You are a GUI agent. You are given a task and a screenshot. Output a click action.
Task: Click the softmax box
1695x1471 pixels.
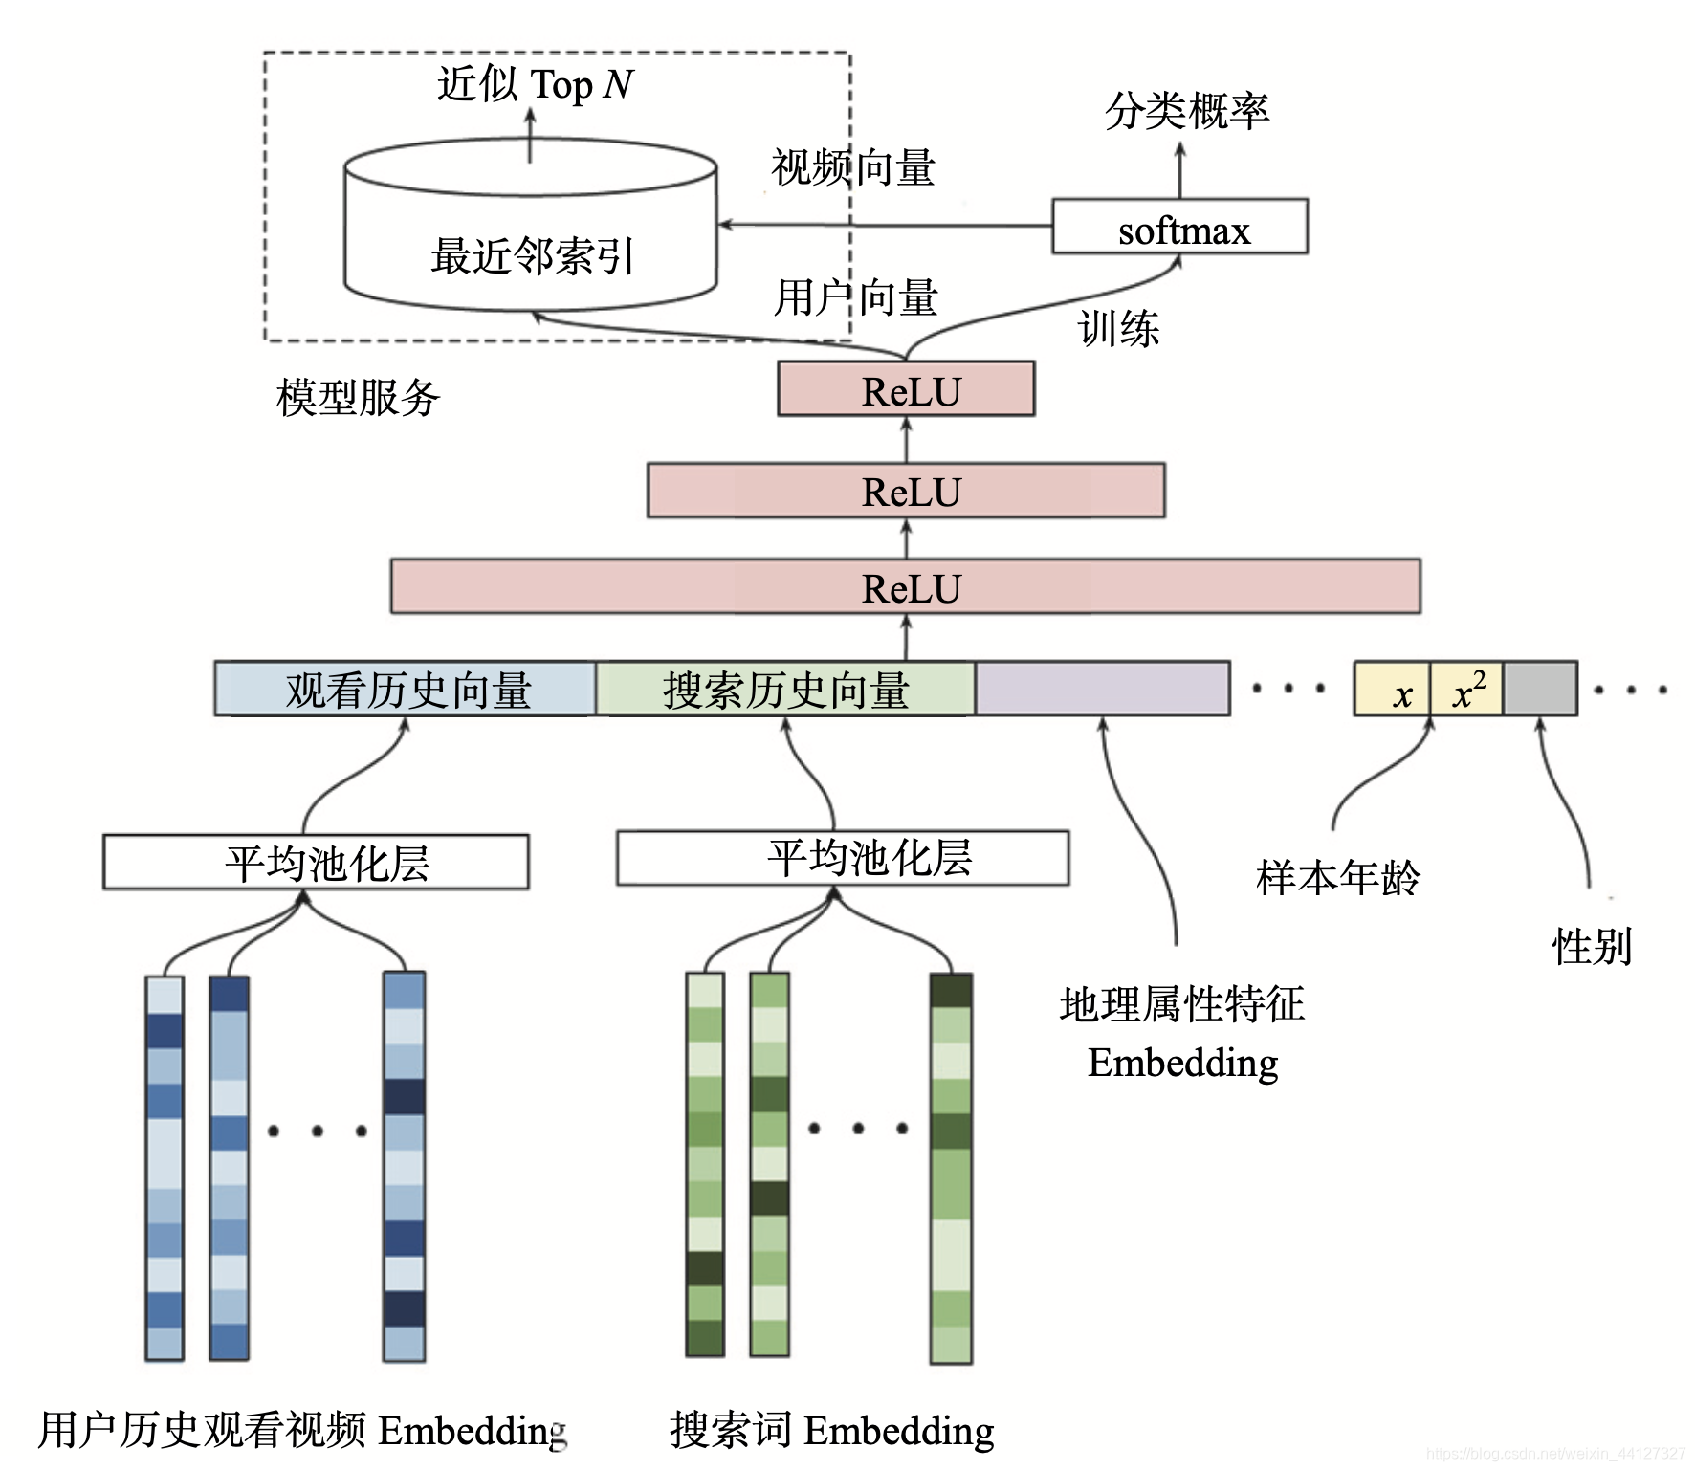[1179, 227]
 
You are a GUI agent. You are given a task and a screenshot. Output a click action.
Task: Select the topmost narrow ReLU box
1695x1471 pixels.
[906, 389]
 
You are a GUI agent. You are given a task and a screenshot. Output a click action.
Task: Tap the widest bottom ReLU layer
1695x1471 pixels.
[905, 587]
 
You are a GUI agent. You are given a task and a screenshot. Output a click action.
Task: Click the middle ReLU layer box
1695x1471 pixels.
[906, 492]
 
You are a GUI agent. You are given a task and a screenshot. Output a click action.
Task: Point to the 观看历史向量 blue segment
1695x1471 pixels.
[406, 689]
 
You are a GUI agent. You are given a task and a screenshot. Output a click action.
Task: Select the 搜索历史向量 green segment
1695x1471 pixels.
[785, 689]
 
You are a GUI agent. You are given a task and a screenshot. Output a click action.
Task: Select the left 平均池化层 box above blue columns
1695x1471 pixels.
[316, 863]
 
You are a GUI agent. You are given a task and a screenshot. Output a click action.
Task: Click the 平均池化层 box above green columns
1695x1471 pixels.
[842, 858]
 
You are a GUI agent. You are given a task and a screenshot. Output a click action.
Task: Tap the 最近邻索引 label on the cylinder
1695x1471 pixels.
[532, 256]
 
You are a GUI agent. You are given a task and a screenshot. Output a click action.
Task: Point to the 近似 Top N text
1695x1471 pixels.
[535, 84]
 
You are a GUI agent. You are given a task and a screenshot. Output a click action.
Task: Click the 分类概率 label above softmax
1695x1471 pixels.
[1186, 111]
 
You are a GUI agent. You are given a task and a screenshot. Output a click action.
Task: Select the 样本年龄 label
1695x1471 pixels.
[1337, 877]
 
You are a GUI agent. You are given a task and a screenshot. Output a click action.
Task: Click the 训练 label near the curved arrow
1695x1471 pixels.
[1118, 329]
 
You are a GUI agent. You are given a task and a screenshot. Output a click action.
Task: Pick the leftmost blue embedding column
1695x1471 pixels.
[165, 1167]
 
